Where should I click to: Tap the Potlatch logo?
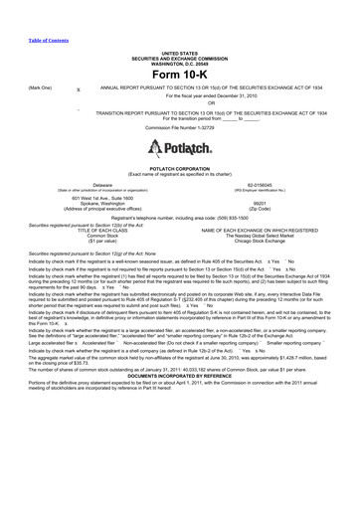[x=180, y=149]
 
